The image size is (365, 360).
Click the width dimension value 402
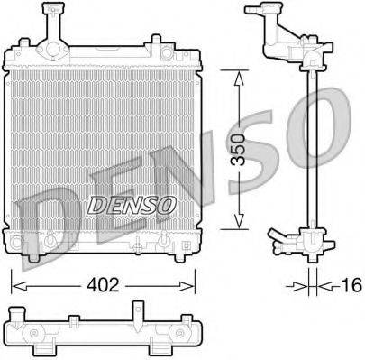pos(104,286)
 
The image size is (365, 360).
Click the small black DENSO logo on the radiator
pos(131,205)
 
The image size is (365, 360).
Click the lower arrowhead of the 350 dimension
pos(238,226)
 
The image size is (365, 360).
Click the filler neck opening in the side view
pos(260,12)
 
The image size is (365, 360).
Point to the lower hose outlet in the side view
pos(275,239)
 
